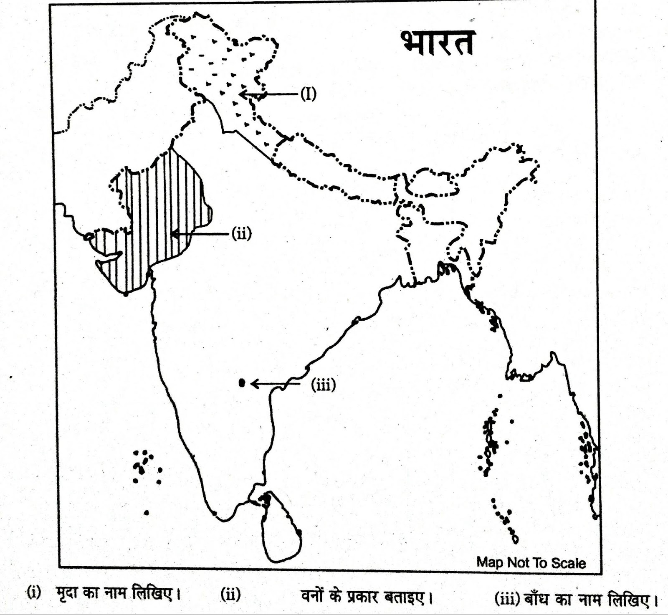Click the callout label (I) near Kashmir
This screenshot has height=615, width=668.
coord(308,94)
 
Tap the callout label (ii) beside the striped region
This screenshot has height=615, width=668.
coord(242,234)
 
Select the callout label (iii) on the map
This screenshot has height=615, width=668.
coord(323,384)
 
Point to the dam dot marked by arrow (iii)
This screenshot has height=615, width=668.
coord(242,383)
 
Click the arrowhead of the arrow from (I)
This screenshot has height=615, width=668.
coord(243,94)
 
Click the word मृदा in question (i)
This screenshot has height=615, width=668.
coord(66,593)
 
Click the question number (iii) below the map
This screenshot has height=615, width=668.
coord(506,599)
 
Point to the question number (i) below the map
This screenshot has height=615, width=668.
coord(34,592)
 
